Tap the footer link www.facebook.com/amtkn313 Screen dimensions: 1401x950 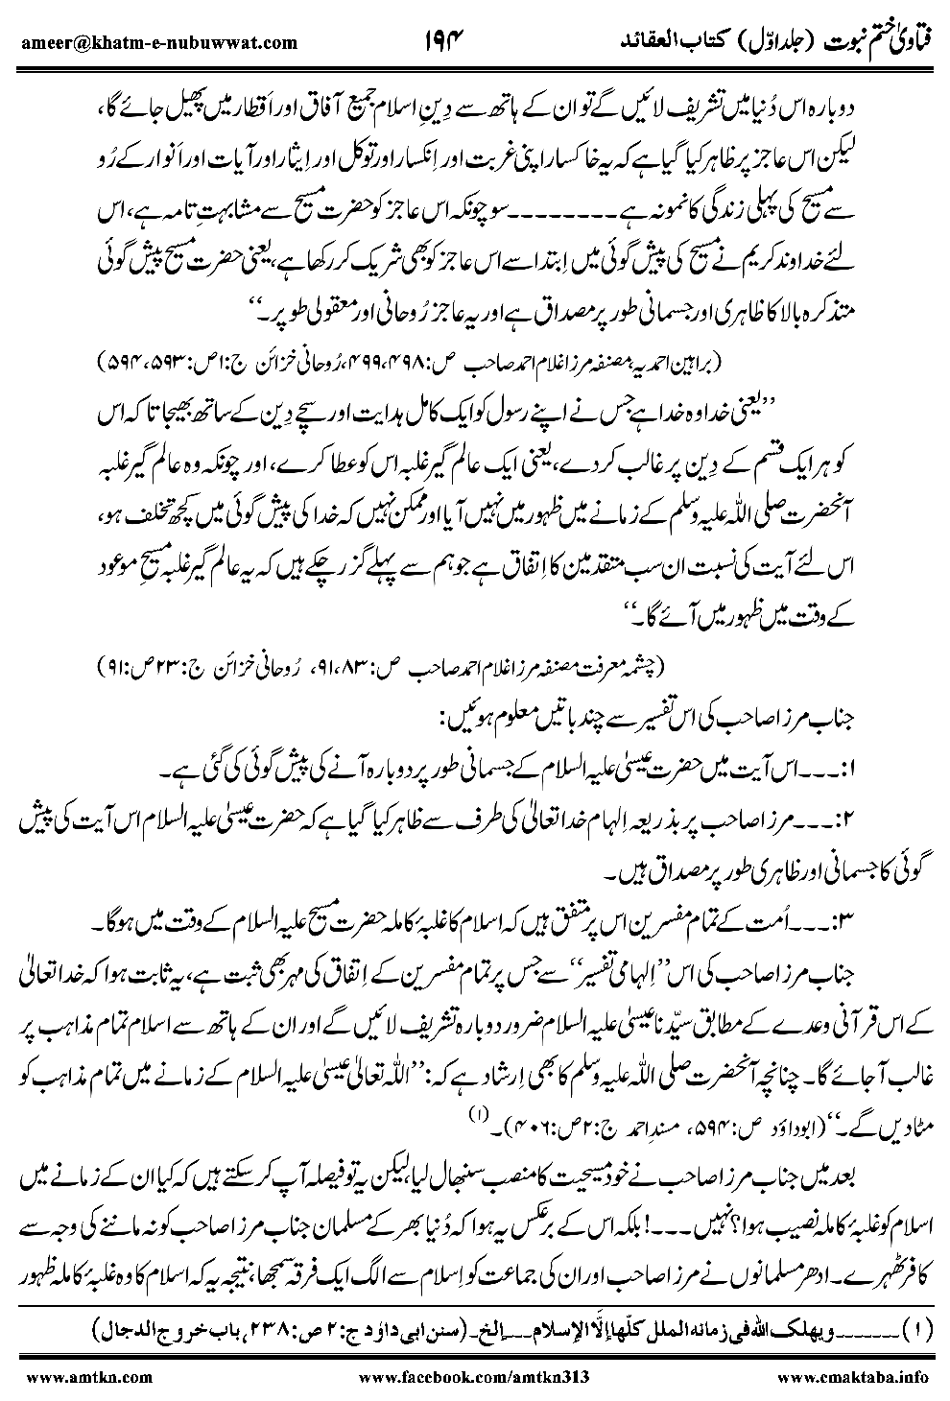(x=470, y=1376)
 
